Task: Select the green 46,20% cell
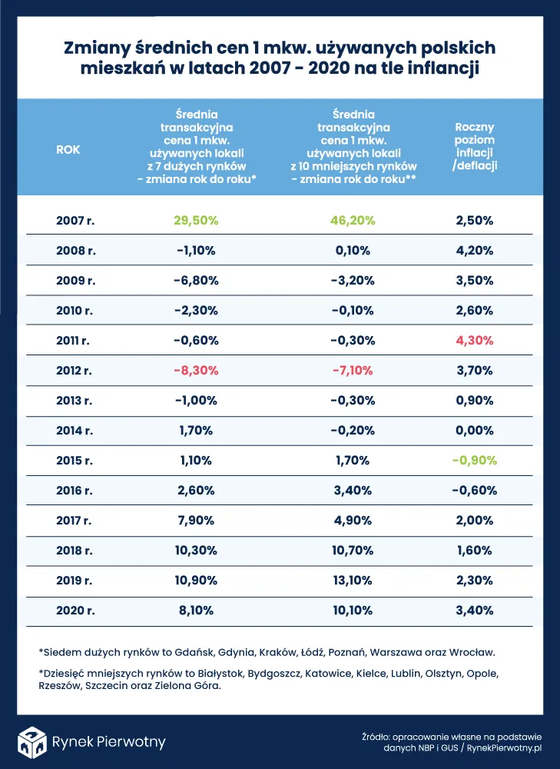tap(353, 220)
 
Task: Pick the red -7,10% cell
tap(353, 370)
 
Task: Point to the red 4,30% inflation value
tap(475, 340)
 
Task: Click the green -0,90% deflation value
tap(475, 461)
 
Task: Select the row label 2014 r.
tap(75, 431)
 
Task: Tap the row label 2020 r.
tap(75, 611)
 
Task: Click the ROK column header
tap(68, 150)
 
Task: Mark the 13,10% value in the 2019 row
tap(353, 581)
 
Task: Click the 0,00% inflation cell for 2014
tap(475, 431)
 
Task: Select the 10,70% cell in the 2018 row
tap(353, 551)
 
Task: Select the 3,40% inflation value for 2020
tap(475, 611)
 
